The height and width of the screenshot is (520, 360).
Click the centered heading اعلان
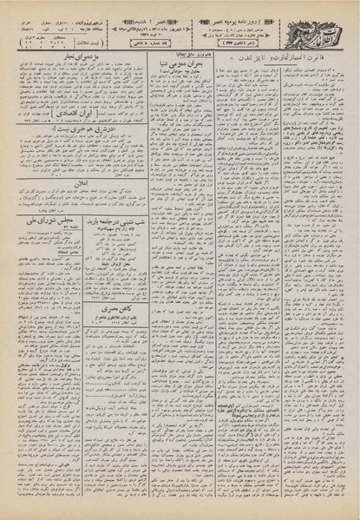(x=72, y=184)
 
